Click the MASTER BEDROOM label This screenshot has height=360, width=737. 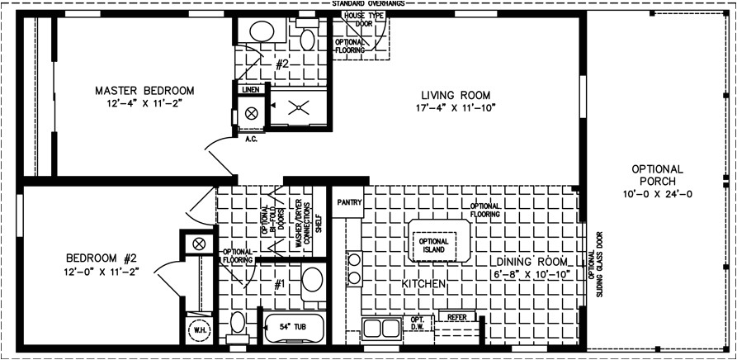click(x=144, y=90)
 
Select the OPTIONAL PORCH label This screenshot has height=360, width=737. click(x=658, y=174)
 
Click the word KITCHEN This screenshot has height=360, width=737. click(x=423, y=284)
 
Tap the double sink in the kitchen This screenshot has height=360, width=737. click(x=380, y=328)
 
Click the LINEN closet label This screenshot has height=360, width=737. click(x=251, y=89)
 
